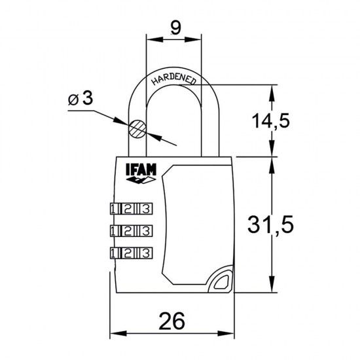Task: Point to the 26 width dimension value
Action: point(173,321)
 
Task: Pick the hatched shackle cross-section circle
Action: point(137,128)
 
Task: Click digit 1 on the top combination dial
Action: point(115,209)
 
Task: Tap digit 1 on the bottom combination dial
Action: point(115,253)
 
